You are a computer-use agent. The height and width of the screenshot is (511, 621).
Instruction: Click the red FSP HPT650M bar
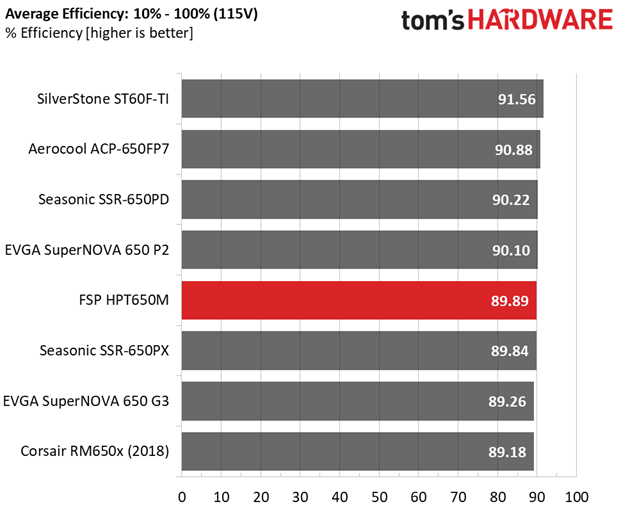(x=359, y=300)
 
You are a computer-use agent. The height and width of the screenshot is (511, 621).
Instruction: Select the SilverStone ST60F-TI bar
(x=362, y=99)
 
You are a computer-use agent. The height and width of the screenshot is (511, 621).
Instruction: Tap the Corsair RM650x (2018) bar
(x=358, y=451)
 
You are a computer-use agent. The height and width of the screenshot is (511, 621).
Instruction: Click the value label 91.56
(x=517, y=99)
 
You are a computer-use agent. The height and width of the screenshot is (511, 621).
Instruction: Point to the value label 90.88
(x=514, y=150)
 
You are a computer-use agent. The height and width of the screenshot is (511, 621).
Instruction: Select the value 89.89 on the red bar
(x=510, y=301)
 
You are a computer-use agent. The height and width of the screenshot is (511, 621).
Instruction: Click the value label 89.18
(x=507, y=452)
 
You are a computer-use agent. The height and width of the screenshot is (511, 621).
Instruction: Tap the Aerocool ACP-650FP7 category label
(x=99, y=149)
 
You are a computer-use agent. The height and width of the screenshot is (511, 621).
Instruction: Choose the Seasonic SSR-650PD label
(x=103, y=199)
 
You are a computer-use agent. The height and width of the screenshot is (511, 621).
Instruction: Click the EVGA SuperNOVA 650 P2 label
(x=87, y=250)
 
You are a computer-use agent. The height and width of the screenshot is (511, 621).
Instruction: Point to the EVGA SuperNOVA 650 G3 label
(x=86, y=401)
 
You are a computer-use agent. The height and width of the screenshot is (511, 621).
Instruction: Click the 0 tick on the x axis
(x=182, y=497)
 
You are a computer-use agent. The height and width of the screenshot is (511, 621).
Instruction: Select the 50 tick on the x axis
(x=379, y=497)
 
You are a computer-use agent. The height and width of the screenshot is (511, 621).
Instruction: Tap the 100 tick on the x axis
(x=577, y=497)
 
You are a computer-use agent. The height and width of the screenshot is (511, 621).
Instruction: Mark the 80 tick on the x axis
(x=497, y=497)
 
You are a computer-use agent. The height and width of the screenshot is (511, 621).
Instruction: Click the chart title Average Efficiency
(x=67, y=14)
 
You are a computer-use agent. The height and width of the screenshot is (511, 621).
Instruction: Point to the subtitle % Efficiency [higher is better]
(x=99, y=33)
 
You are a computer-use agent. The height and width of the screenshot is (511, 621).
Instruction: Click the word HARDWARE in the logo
(x=541, y=19)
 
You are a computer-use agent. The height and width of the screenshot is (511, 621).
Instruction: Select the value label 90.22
(x=511, y=200)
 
